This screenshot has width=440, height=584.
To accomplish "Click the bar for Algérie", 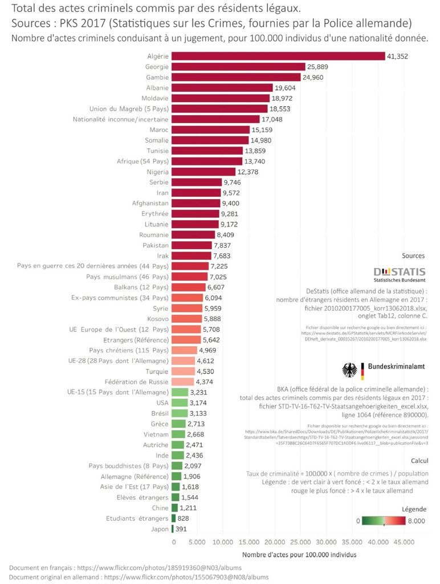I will click(x=278, y=56).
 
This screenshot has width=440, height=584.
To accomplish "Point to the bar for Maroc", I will click(x=210, y=129).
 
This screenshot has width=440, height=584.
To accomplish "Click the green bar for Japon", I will click(x=173, y=529).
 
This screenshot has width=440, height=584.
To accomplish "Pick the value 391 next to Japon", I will click(x=183, y=529).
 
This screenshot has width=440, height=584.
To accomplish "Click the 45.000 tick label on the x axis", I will click(x=404, y=542).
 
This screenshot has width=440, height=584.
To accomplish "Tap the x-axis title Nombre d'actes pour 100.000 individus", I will click(x=299, y=554).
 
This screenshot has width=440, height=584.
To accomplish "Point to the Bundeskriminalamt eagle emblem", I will click(x=349, y=370).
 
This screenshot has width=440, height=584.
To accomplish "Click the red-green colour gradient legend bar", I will click(x=385, y=520).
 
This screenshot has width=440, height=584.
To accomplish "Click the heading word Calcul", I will click(x=419, y=460).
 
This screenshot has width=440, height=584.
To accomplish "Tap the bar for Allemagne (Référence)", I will click(x=176, y=476).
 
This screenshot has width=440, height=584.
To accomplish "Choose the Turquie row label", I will click(x=157, y=371).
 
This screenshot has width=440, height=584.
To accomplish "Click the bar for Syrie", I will click(x=186, y=308).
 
